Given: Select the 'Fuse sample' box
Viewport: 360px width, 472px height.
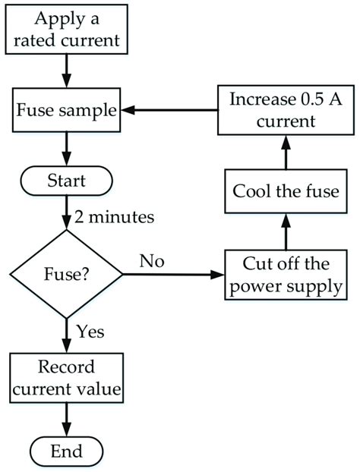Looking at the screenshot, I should [x=66, y=111].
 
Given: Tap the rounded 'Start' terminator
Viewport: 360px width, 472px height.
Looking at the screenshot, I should [x=66, y=182].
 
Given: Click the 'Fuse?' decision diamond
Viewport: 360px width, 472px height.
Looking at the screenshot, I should [x=66, y=273].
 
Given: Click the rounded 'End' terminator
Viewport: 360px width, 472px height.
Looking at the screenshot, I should [x=66, y=452].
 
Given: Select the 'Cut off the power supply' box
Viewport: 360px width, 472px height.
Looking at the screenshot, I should [x=286, y=274].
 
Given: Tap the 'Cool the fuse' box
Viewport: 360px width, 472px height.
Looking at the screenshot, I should [x=286, y=191].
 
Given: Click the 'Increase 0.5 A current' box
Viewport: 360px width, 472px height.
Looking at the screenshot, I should [x=286, y=110].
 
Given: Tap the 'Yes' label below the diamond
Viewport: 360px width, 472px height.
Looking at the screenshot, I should [x=90, y=332].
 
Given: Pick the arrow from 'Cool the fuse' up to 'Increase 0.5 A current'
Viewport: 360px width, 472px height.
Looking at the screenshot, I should [x=286, y=152].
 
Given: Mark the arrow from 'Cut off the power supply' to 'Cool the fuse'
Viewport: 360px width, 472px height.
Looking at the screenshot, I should [x=286, y=231].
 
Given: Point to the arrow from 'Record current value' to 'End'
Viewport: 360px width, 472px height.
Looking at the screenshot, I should [x=66, y=419].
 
